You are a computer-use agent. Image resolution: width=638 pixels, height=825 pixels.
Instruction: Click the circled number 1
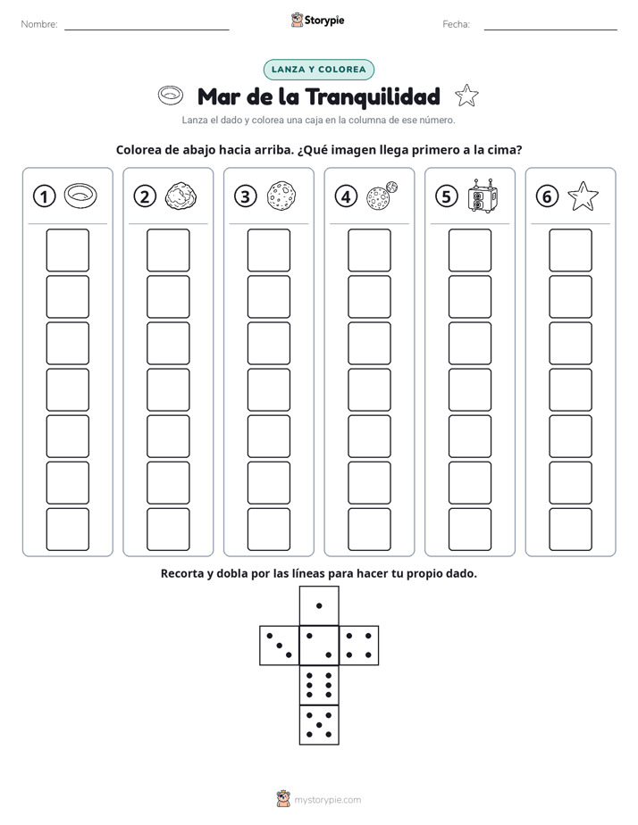click(44, 196)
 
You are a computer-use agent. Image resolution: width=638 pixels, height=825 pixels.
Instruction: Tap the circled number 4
click(346, 196)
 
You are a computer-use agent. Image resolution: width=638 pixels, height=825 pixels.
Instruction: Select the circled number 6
click(547, 196)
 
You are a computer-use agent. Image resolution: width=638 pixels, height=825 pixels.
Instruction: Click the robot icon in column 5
click(483, 196)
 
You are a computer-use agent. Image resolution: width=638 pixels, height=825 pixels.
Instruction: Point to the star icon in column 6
click(583, 196)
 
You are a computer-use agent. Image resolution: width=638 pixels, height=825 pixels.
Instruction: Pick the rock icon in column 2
click(181, 196)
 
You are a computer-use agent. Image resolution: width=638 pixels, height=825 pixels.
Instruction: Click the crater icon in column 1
click(80, 196)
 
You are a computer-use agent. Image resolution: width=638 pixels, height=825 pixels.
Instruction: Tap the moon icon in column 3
click(281, 196)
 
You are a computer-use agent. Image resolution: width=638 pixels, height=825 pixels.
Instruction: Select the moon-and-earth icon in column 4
click(382, 196)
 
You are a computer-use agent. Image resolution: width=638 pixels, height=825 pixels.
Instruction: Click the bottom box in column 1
click(67, 529)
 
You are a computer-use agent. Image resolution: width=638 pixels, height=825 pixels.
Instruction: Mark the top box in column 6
click(571, 250)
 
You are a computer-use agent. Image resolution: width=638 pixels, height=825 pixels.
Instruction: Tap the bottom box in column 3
click(268, 529)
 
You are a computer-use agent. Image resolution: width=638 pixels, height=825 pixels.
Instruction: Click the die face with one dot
click(319, 606)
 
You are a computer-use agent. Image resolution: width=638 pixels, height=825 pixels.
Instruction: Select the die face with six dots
click(319, 685)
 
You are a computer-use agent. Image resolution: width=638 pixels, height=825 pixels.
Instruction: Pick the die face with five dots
click(319, 725)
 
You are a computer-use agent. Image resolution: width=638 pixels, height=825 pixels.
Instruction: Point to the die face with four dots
click(359, 646)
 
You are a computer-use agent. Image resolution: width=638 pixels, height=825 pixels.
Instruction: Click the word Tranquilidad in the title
click(373, 96)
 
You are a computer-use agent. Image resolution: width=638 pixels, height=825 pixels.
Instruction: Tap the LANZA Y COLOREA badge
click(318, 70)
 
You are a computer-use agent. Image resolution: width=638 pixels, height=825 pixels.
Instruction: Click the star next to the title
click(466, 96)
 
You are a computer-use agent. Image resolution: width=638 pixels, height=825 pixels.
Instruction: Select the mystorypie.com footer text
click(327, 800)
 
